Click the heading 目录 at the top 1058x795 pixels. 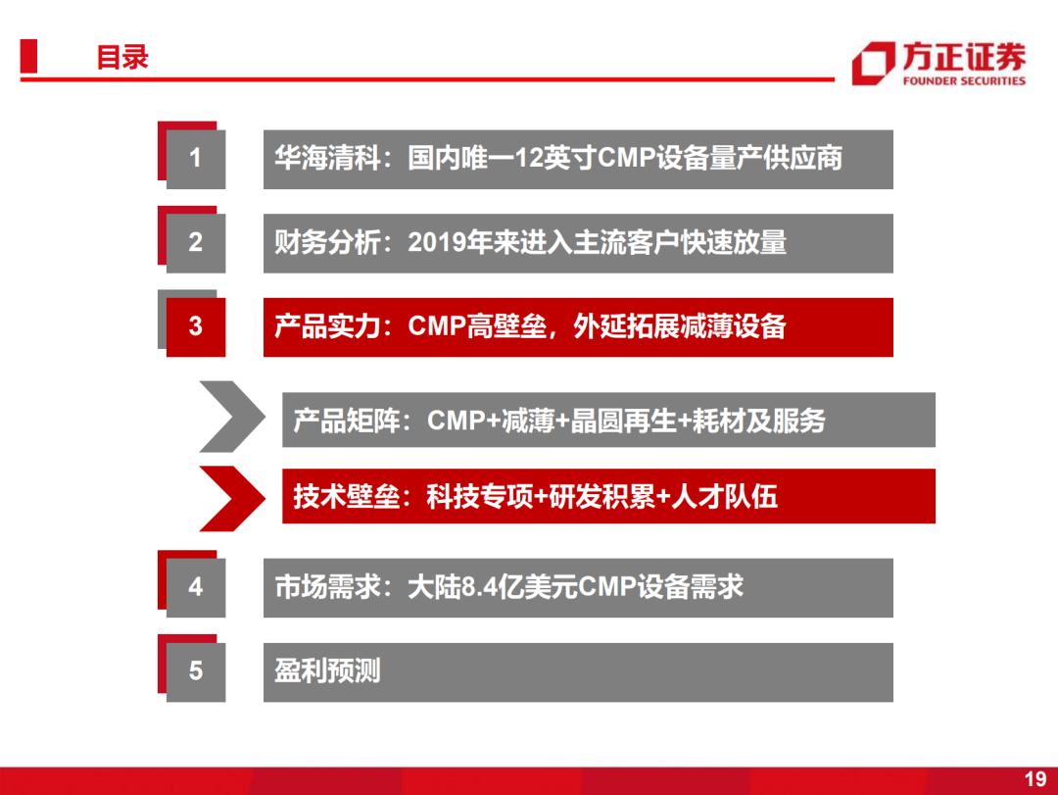pyautogui.click(x=122, y=58)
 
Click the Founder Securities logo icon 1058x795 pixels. pyautogui.click(x=873, y=64)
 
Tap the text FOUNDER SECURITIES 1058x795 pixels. pyautogui.click(x=964, y=81)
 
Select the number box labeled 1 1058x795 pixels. pyautogui.click(x=196, y=159)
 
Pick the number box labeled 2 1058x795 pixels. pyautogui.click(x=196, y=243)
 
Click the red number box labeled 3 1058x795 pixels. pyautogui.click(x=196, y=326)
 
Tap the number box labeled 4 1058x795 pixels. pyautogui.click(x=196, y=587)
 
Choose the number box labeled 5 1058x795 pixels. pyautogui.click(x=196, y=672)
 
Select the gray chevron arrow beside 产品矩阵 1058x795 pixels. pyautogui.click(x=232, y=416)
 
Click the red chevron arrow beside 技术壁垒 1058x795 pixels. pyautogui.click(x=232, y=499)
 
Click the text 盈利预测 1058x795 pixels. pyautogui.click(x=327, y=671)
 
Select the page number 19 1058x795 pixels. pyautogui.click(x=1035, y=778)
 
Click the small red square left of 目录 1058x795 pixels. pyautogui.click(x=28, y=56)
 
